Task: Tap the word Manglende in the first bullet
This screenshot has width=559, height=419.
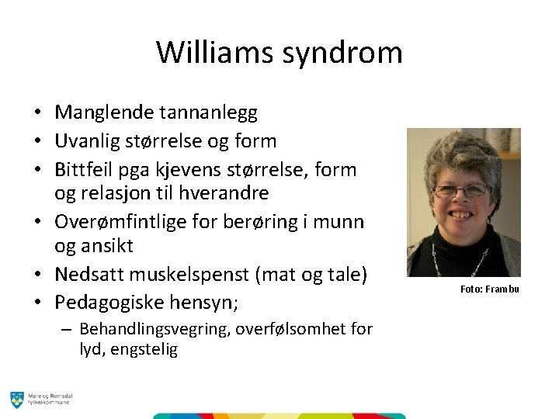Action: pos(104,113)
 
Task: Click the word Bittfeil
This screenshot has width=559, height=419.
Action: pos(82,168)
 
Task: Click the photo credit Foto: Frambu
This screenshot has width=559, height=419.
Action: pos(489,289)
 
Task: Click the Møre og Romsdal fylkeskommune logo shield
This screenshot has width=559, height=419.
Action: pos(16,400)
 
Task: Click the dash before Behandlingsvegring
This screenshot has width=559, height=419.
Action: pos(68,329)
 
